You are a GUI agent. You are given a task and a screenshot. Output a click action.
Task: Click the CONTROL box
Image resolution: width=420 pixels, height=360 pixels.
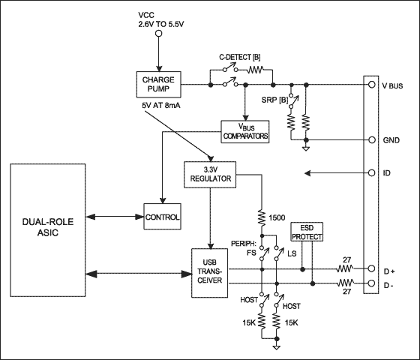[162, 217]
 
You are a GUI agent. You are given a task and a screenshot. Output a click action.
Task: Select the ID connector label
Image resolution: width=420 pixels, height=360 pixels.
[387, 173]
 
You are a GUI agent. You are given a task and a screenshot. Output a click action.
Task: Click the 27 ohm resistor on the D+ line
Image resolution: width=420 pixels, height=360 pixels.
[345, 267]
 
